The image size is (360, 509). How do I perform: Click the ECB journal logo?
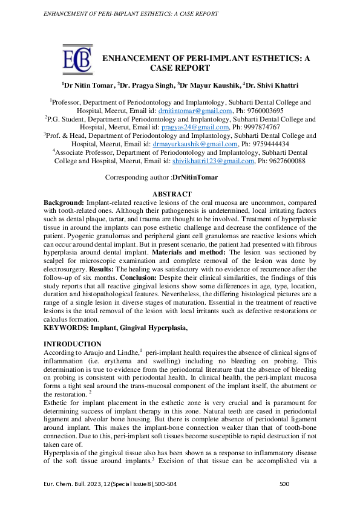coord(78,58)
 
